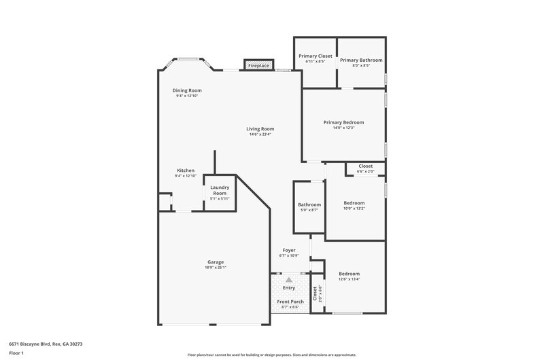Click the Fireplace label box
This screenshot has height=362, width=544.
pyautogui.click(x=258, y=66)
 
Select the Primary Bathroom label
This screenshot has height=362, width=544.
pyautogui.click(x=361, y=60)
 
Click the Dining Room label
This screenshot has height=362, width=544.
pyautogui.click(x=186, y=90)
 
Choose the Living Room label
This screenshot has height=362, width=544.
pyautogui.click(x=260, y=128)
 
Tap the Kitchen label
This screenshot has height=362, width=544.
pyautogui.click(x=186, y=170)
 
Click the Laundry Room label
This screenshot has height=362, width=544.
pyautogui.click(x=220, y=190)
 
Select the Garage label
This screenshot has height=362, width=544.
pyautogui.click(x=216, y=262)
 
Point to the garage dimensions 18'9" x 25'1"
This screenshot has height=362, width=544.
pyautogui.click(x=216, y=268)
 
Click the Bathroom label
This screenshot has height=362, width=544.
pyautogui.click(x=309, y=204)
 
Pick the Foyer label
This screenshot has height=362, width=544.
pyautogui.click(x=289, y=251)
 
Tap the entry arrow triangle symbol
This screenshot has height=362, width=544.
pyautogui.click(x=289, y=279)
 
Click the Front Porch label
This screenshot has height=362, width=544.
pyautogui.click(x=290, y=302)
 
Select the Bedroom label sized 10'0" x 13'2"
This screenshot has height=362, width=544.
pyautogui.click(x=354, y=203)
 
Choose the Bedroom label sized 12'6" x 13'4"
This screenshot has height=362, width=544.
pyautogui.click(x=350, y=274)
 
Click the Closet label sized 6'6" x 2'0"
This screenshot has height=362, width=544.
pyautogui.click(x=366, y=166)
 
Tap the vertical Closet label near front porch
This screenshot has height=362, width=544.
pyautogui.click(x=316, y=293)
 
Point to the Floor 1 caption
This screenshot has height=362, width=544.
pyautogui.click(x=16, y=353)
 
